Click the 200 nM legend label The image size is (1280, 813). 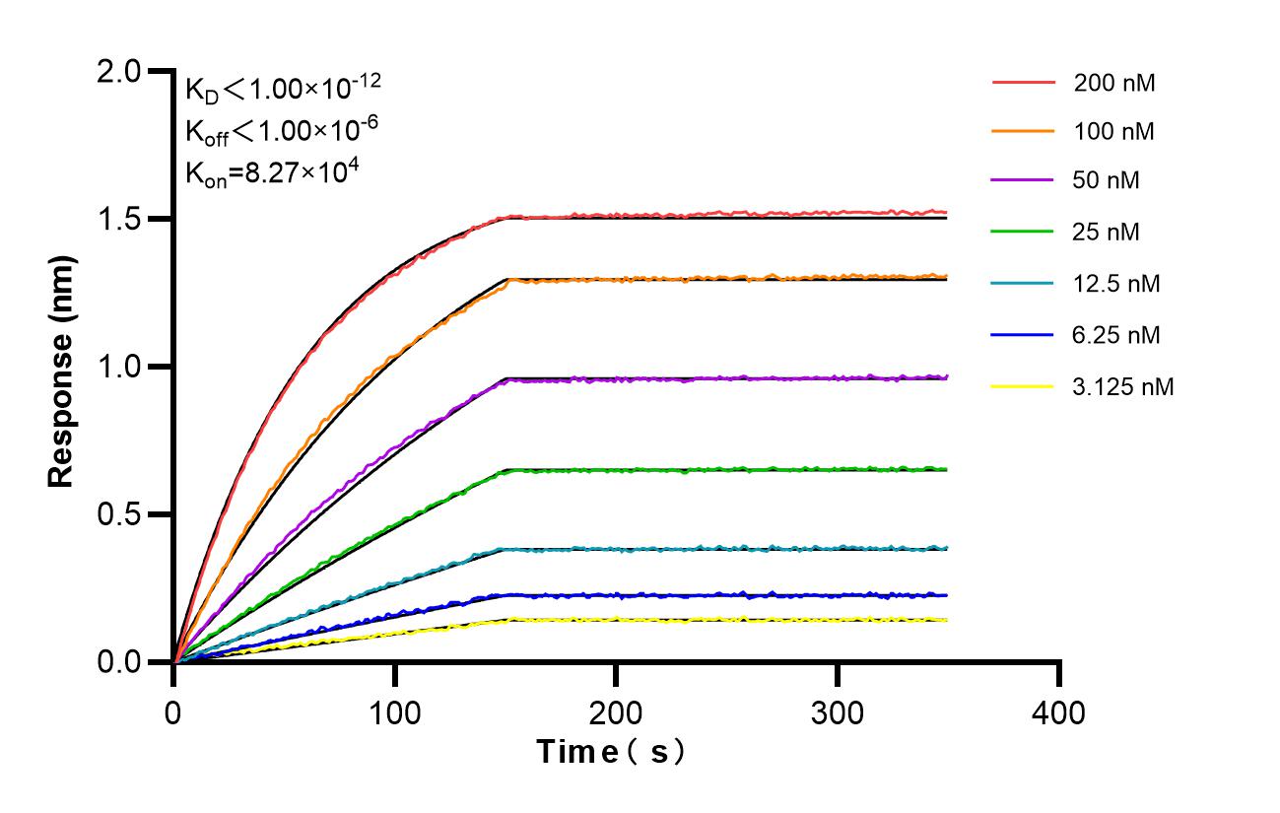pos(1114,83)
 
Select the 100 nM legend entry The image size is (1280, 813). pos(1114,131)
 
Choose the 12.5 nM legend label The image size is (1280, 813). pos(1116,284)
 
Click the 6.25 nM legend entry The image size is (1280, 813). pos(1116,335)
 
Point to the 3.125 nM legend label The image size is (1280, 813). pos(1123,386)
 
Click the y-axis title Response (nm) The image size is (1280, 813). pos(62,367)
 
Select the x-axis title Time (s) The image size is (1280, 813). pos(611,752)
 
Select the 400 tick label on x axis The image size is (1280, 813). pos(1059,711)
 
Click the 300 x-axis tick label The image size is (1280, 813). pos(838,711)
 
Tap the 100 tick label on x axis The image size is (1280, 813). pos(395,711)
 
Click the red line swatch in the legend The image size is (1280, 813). pos(1024,83)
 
